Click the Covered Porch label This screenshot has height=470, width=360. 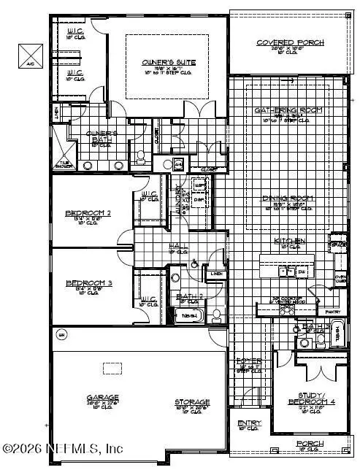(x=290, y=43)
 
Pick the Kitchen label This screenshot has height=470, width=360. (x=289, y=241)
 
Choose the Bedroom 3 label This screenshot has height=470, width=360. (x=88, y=282)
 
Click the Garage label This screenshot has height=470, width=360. (x=102, y=398)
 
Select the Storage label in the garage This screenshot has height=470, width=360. (x=192, y=402)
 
